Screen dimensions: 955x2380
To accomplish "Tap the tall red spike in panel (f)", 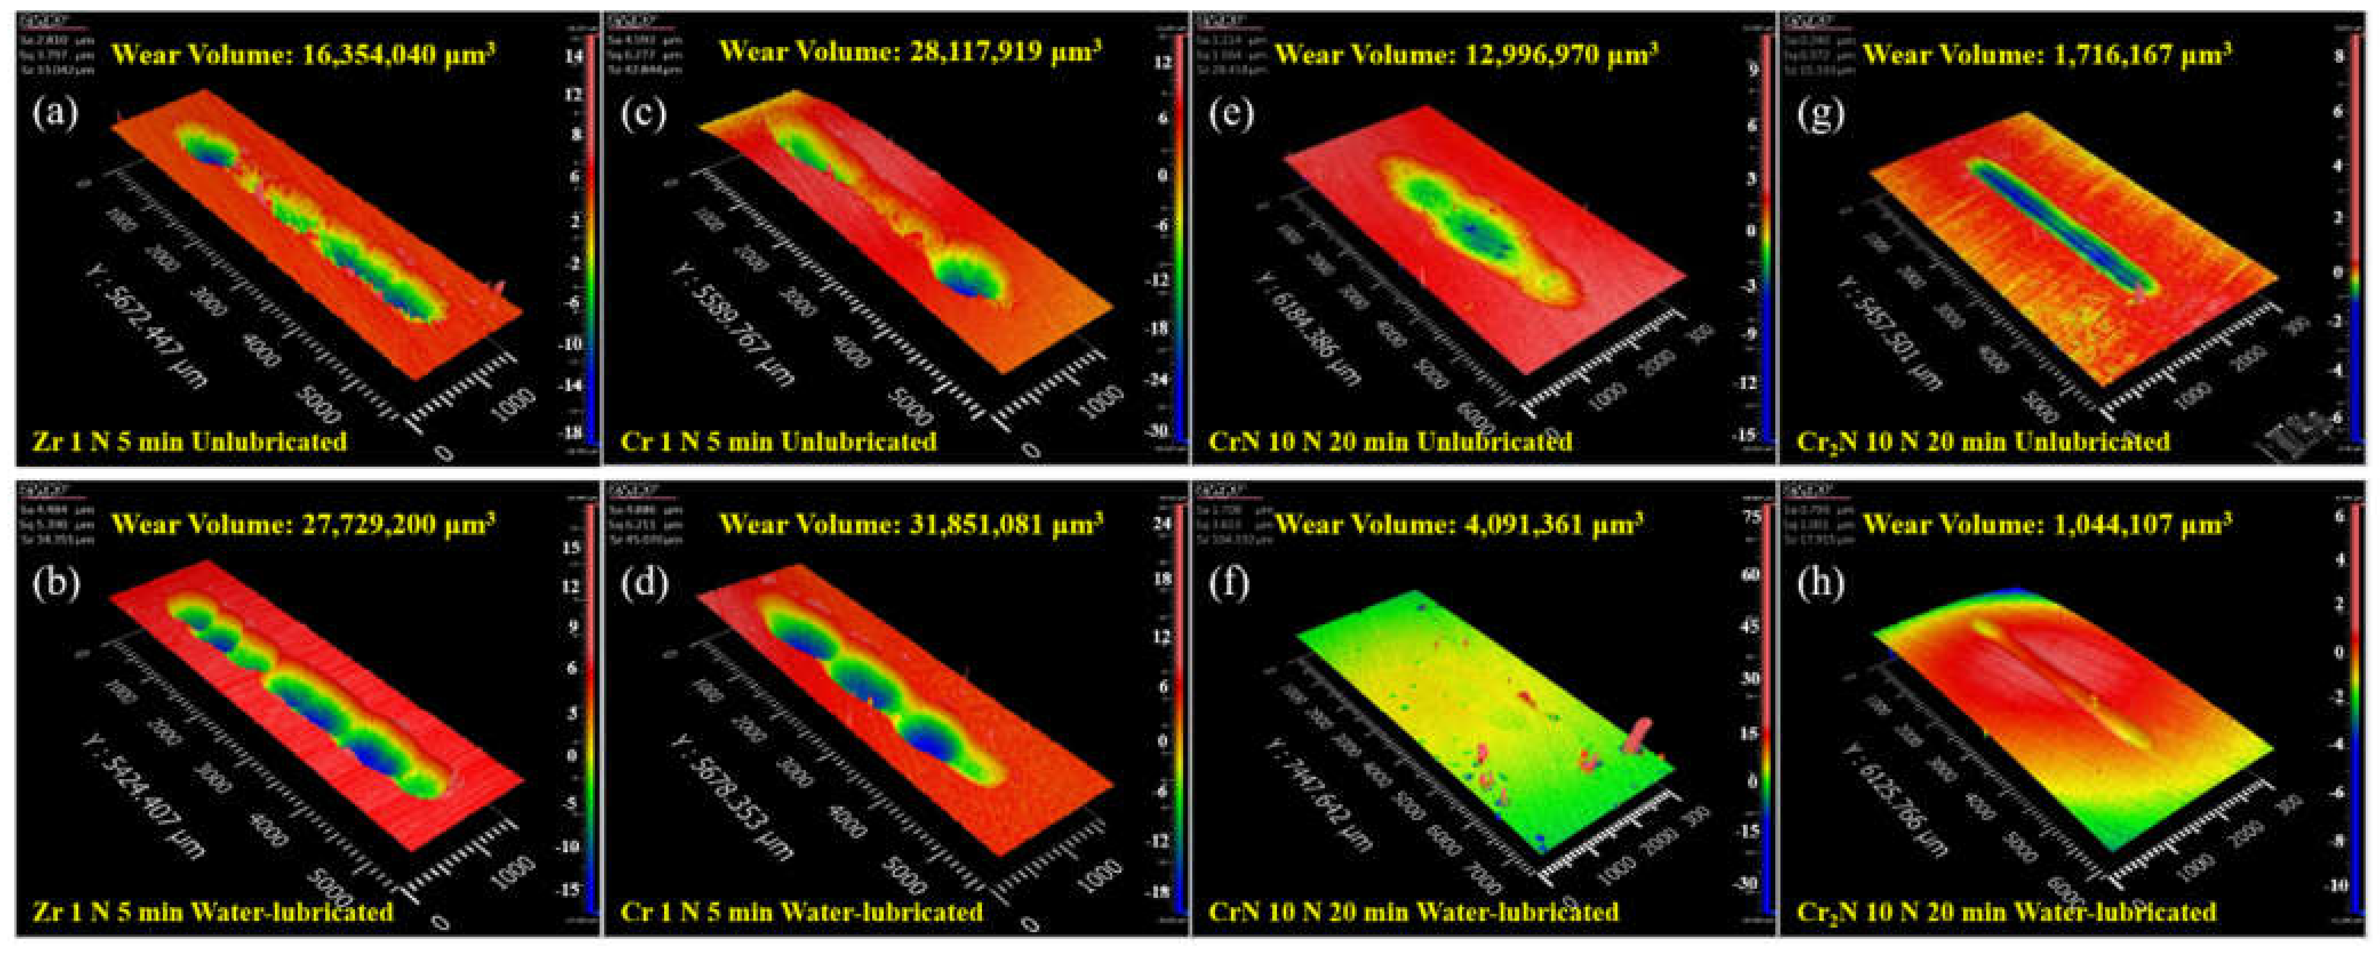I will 1639,737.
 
